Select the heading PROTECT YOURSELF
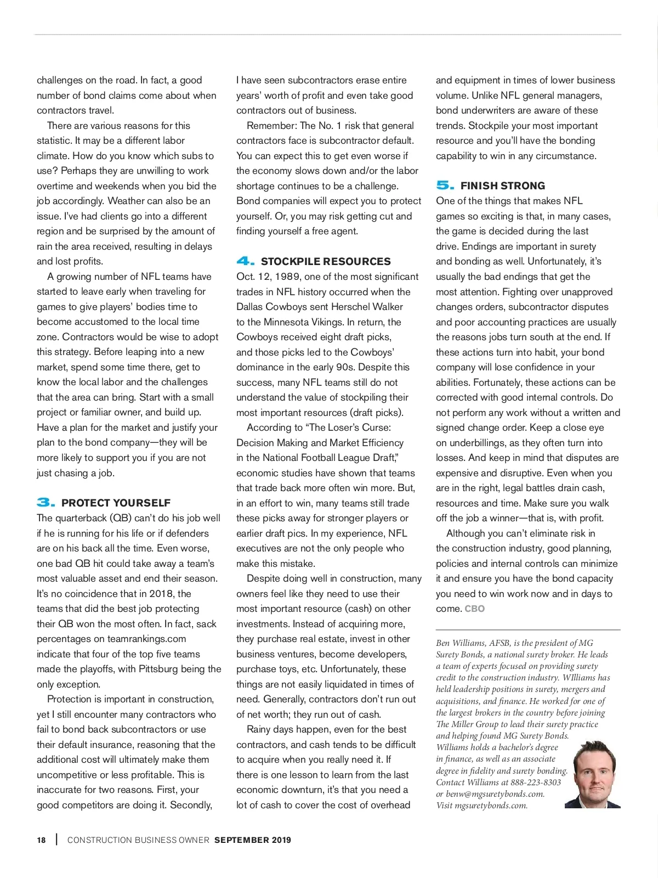click(116, 503)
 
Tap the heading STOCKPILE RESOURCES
click(326, 261)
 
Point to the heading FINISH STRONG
click(503, 185)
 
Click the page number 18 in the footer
click(42, 840)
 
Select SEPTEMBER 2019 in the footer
click(253, 840)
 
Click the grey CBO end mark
click(475, 609)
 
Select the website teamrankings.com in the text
click(146, 639)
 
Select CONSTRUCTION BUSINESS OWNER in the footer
click(138, 840)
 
